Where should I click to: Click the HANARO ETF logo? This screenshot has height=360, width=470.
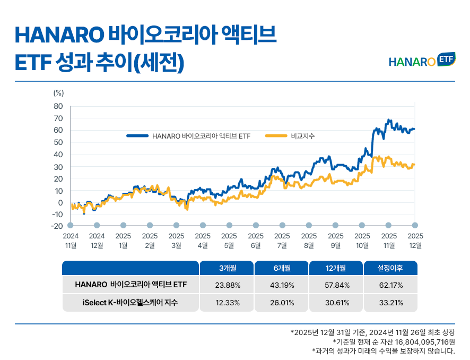point(422,60)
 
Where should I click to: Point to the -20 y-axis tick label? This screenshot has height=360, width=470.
point(57,226)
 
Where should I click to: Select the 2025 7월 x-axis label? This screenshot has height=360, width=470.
point(282,240)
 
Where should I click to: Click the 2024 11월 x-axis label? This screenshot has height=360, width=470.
point(71,240)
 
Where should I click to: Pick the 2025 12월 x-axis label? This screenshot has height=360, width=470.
point(415,240)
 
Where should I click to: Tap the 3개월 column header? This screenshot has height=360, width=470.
point(228,268)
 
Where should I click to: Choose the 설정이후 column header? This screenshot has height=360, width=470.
point(390,268)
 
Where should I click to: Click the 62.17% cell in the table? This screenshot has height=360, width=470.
point(390,285)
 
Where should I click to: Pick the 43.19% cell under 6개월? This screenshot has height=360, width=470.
point(282,285)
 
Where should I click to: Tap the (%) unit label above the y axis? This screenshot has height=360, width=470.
point(58,92)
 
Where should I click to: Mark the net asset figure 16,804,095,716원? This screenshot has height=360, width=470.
point(419,341)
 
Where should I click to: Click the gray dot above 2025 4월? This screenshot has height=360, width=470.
point(203,225)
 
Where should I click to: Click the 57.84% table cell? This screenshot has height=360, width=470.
point(336,285)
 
